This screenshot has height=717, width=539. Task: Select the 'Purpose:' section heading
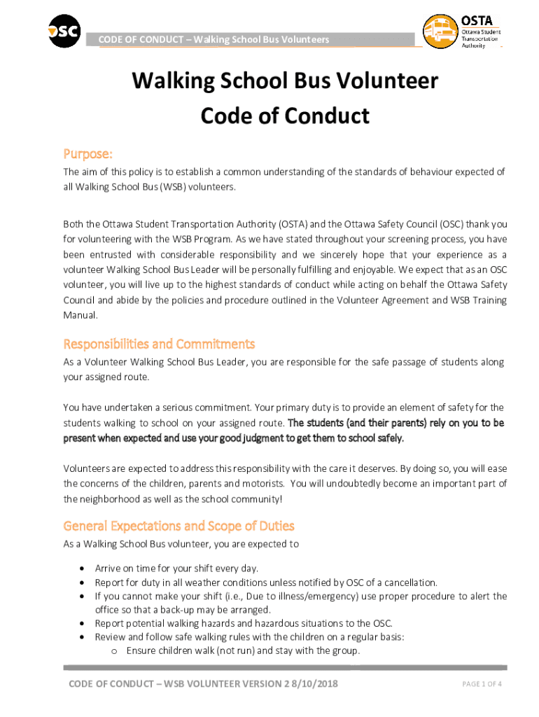coord(87,153)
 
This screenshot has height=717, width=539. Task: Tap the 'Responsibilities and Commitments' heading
coord(159,344)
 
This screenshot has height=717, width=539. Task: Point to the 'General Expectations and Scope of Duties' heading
coord(178,526)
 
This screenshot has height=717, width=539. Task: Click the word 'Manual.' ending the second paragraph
coord(80,315)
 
